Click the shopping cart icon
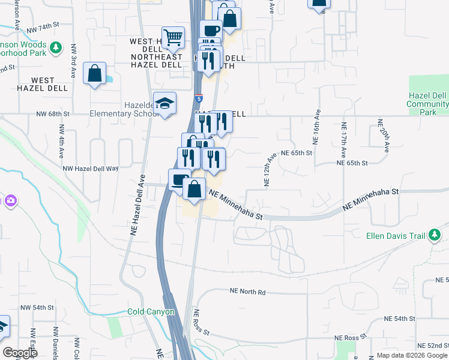coord(173,37)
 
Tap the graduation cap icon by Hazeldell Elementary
coord(164,104)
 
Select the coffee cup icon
coord(210,31)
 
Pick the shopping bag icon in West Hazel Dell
coord(94,74)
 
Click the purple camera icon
coord(10,200)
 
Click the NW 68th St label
coord(53,113)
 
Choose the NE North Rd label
coord(247,291)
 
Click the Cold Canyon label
coord(151,312)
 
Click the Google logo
coord(20,353)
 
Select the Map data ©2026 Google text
coord(411,355)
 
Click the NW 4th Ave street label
coord(61,142)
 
